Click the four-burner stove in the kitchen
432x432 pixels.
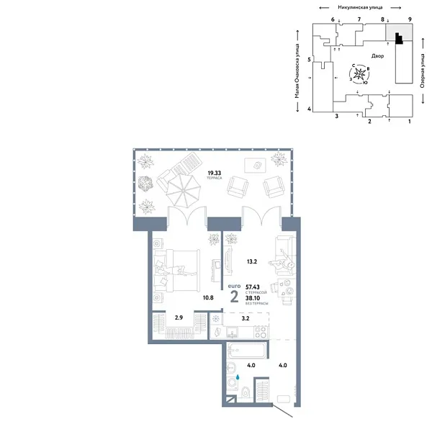click(x=261, y=332)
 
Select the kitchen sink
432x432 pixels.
click(x=232, y=332)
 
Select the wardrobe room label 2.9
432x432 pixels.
click(x=179, y=317)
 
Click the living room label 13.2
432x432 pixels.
click(x=251, y=262)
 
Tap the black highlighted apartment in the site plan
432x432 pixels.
click(x=398, y=42)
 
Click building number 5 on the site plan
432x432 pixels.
click(x=308, y=60)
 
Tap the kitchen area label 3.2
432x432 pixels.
click(x=245, y=317)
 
